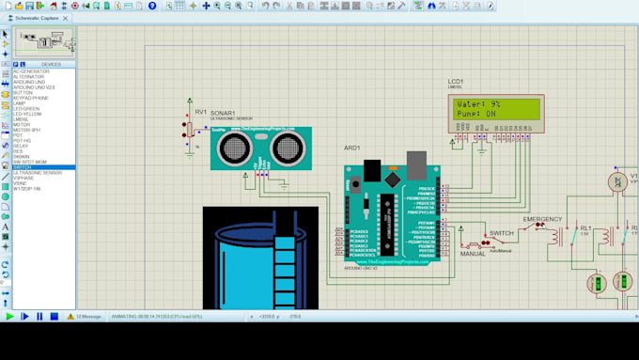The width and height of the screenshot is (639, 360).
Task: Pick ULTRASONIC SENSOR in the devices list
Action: [x=38, y=173]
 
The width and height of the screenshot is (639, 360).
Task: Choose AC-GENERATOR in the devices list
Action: [x=31, y=71]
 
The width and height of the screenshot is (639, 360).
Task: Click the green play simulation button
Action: [x=10, y=317]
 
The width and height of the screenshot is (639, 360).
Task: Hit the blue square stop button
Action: [x=55, y=317]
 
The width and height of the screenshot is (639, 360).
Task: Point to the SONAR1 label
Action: [x=223, y=113]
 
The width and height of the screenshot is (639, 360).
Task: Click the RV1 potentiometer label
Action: [x=201, y=112]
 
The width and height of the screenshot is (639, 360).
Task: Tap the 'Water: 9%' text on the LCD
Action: [x=478, y=104]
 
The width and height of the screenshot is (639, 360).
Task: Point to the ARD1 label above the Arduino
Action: [x=351, y=148]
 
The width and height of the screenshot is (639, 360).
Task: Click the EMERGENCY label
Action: [x=542, y=219]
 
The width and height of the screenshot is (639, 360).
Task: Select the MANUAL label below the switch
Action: [x=473, y=254]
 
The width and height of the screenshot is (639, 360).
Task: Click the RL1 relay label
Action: [x=585, y=227]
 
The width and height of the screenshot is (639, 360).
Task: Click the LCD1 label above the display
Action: [x=456, y=82]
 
